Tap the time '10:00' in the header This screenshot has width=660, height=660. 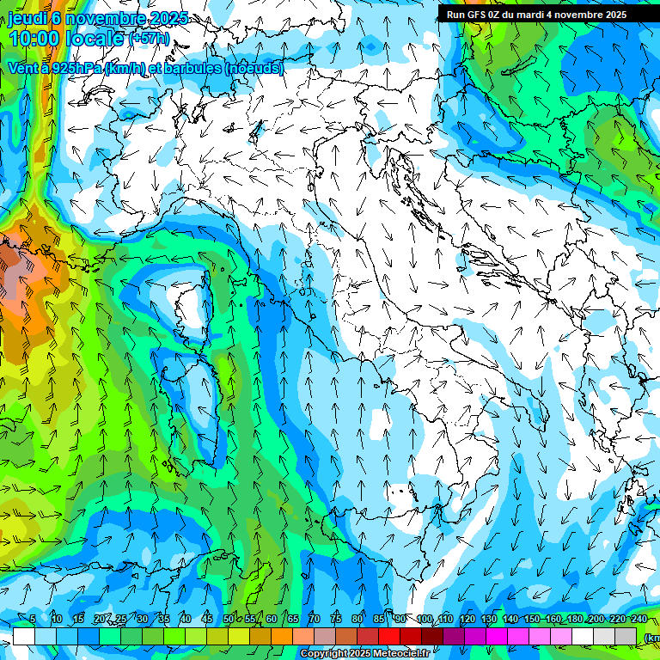coord(34,40)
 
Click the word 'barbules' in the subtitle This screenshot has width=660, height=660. coord(194,68)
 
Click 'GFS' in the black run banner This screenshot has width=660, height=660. coord(479,15)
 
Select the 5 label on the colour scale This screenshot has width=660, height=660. coord(33,620)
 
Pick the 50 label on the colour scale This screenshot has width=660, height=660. coord(228,620)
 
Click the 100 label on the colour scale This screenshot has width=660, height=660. coord(425,620)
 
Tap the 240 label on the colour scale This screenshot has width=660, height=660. coord(639,620)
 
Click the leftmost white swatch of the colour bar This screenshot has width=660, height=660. coord(23,637)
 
